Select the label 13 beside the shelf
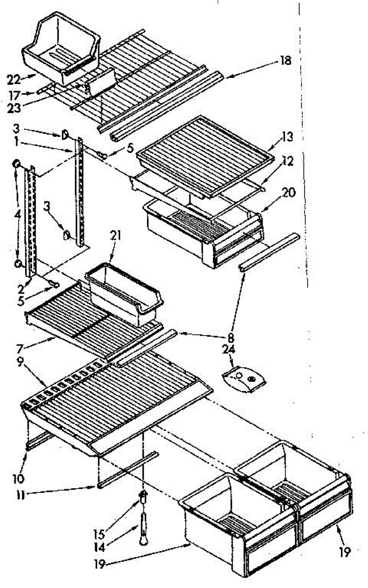click(x=288, y=137)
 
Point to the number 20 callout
click(x=289, y=193)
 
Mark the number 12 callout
click(x=288, y=161)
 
